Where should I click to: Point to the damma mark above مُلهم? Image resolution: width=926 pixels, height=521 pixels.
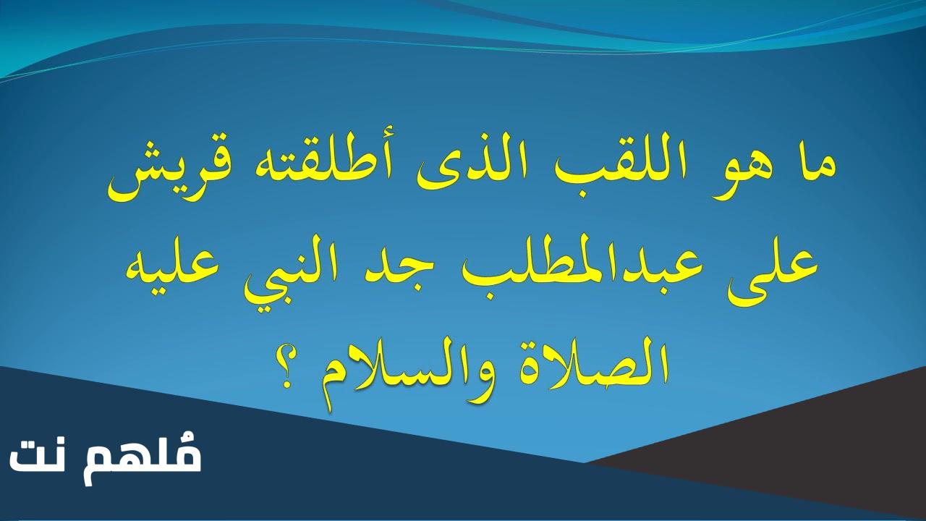192,440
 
